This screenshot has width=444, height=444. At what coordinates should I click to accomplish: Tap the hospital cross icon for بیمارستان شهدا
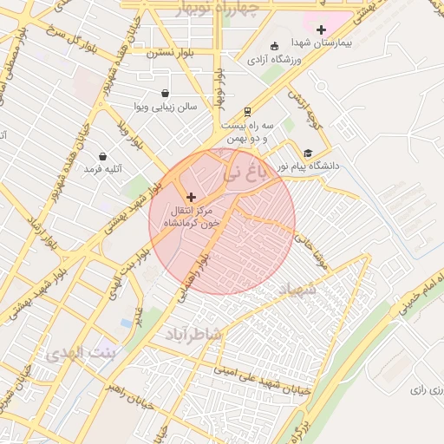point(321,29)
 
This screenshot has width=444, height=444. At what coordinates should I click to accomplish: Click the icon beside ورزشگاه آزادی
point(275,46)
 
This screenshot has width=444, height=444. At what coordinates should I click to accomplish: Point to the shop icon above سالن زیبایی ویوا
point(165,93)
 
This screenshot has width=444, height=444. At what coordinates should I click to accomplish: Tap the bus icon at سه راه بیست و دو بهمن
point(247,111)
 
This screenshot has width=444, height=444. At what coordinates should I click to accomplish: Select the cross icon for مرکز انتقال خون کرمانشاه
point(191,198)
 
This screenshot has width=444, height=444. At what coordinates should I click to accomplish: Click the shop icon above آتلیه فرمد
point(103,156)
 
